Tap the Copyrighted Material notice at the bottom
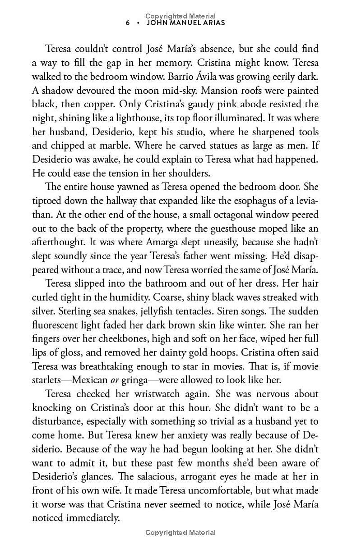coord(180,533)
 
